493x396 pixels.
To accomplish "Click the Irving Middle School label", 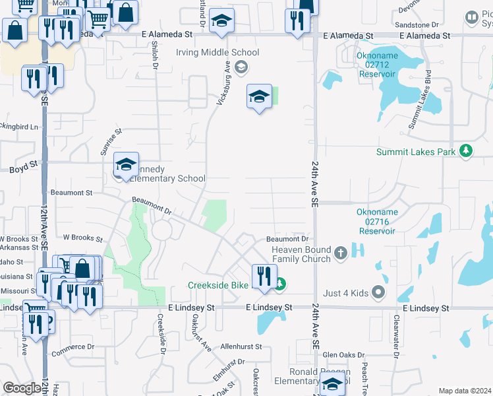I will [217, 52].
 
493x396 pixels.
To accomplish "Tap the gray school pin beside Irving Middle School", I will [242, 65].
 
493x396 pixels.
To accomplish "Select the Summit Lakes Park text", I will [416, 152].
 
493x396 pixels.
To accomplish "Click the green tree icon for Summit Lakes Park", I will [466, 151].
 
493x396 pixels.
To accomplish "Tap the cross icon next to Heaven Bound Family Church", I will [340, 253].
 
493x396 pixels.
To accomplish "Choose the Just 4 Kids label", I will [345, 292].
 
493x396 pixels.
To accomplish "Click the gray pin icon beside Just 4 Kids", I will [378, 291].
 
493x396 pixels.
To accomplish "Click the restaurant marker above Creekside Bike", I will [264, 275].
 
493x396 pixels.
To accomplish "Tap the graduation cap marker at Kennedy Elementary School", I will [126, 165].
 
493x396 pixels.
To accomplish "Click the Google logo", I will [22, 388].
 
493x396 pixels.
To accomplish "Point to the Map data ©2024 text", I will [464, 391].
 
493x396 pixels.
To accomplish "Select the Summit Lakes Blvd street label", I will [419, 100].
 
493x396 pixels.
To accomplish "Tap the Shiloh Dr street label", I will [156, 56].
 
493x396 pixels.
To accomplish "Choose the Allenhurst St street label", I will [241, 346].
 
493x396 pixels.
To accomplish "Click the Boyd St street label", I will [21, 170].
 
